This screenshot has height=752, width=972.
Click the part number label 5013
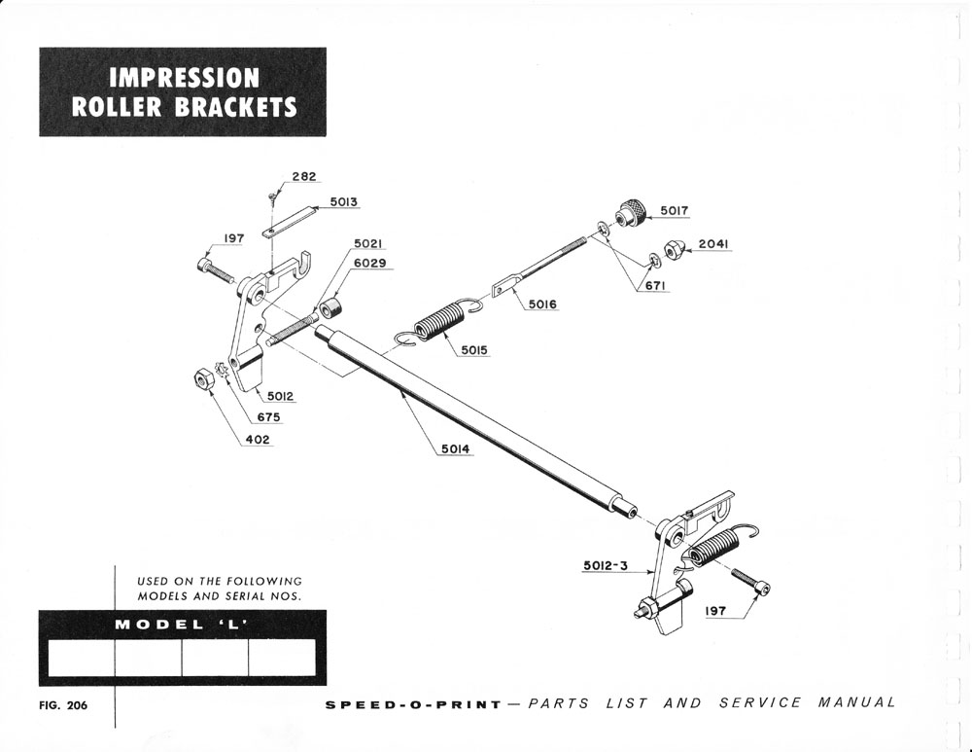(344, 202)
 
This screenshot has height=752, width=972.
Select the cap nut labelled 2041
(672, 250)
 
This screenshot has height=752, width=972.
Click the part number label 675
(269, 417)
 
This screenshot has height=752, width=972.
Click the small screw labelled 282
(274, 197)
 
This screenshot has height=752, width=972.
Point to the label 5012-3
(606, 565)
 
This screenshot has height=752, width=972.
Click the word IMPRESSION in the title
(184, 77)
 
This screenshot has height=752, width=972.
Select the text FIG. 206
(63, 706)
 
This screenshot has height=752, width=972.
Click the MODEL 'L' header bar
(183, 624)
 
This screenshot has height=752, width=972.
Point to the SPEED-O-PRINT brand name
(413, 703)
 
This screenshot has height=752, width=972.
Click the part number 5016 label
(544, 304)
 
